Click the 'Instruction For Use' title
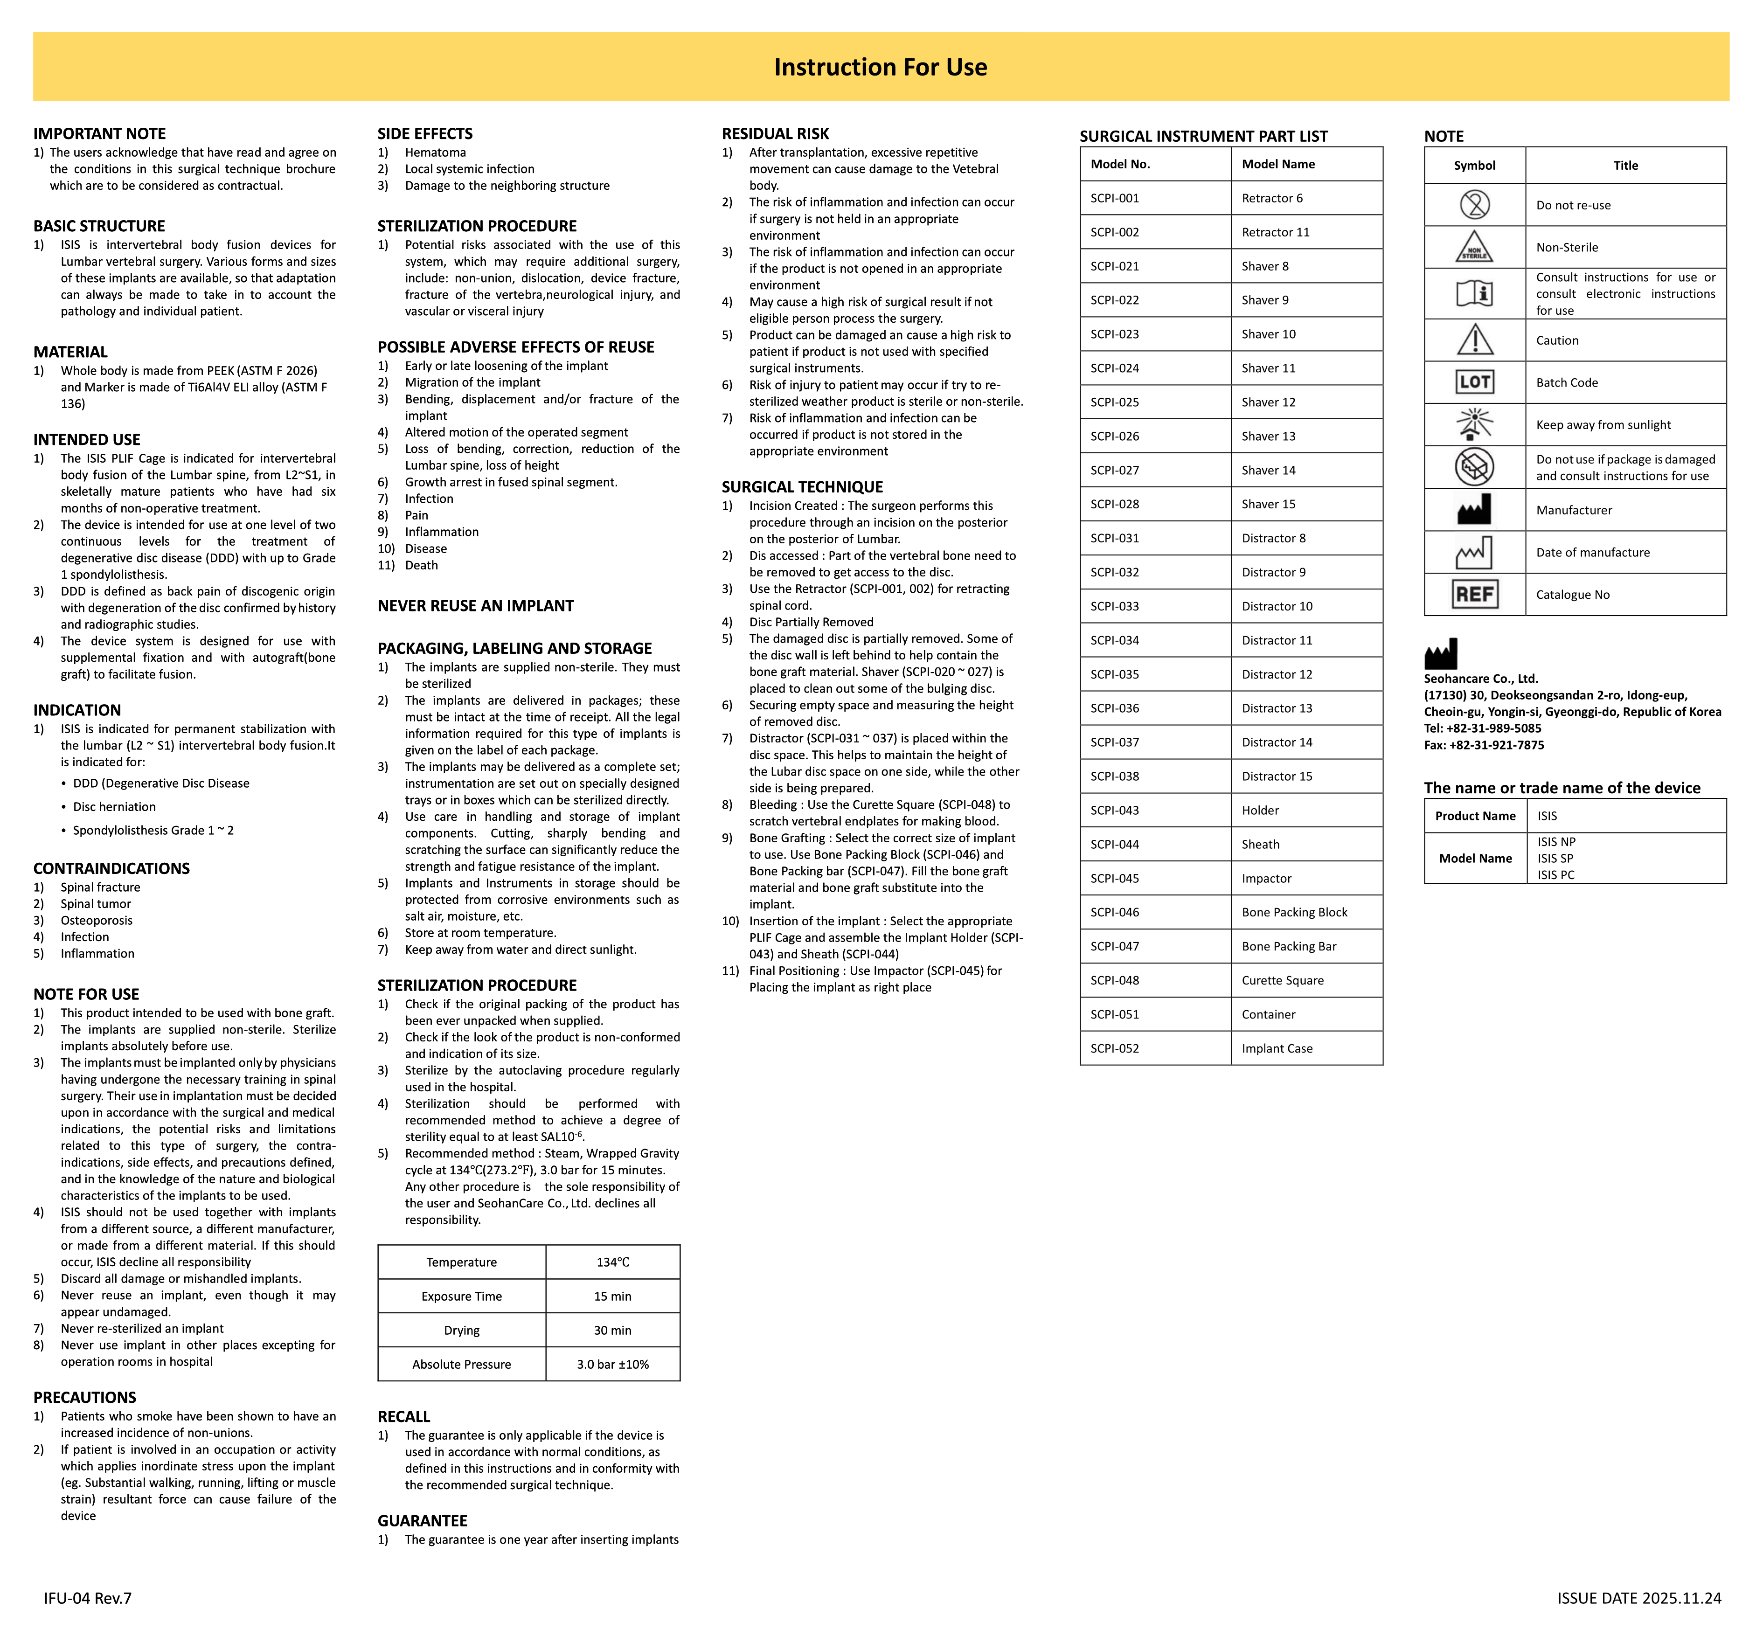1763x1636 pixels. (x=880, y=67)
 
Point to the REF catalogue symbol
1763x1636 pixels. (x=1474, y=594)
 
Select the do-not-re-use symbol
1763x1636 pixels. (x=1474, y=204)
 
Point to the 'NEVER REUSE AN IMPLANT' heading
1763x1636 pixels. (x=476, y=605)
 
